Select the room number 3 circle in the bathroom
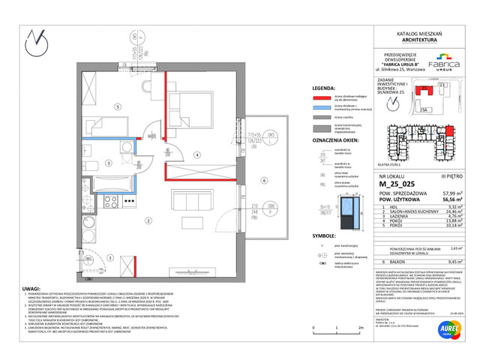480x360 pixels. tap(109, 162)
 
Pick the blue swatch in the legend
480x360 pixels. tap(321, 108)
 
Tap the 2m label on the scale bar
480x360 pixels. tap(360, 328)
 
